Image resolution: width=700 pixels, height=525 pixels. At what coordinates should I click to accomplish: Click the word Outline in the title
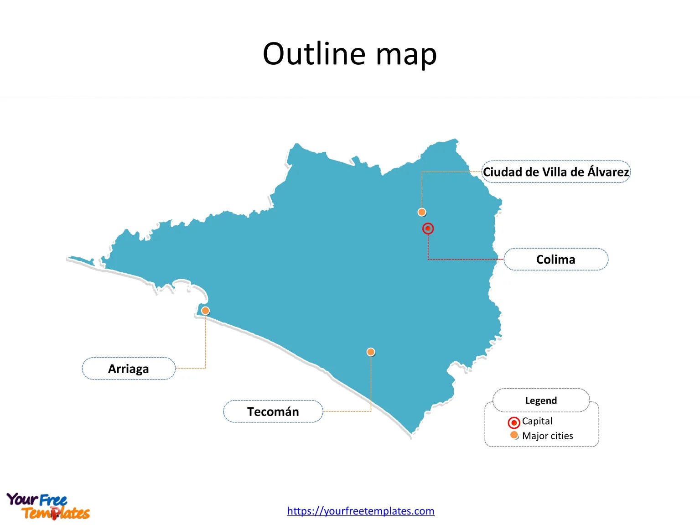pyautogui.click(x=314, y=54)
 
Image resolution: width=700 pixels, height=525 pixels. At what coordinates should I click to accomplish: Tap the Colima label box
pyautogui.click(x=555, y=260)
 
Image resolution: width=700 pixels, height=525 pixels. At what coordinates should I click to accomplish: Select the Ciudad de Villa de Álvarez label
pyautogui.click(x=556, y=172)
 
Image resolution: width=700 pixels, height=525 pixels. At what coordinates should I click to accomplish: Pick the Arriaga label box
pyautogui.click(x=129, y=369)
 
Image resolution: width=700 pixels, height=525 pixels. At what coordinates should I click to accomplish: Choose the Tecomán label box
pyautogui.click(x=273, y=411)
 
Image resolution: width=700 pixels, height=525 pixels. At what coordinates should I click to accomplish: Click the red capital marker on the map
pyautogui.click(x=428, y=229)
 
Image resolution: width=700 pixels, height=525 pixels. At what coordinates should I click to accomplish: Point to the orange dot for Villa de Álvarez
pyautogui.click(x=422, y=212)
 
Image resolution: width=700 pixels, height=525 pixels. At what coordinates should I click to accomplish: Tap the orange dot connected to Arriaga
pyautogui.click(x=206, y=311)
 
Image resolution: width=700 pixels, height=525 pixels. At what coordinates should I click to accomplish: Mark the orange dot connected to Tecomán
pyautogui.click(x=371, y=352)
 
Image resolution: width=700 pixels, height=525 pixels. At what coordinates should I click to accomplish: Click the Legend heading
pyautogui.click(x=541, y=400)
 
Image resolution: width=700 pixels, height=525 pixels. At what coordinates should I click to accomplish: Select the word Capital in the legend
pyautogui.click(x=537, y=421)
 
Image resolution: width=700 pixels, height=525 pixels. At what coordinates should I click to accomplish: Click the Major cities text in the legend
pyautogui.click(x=547, y=436)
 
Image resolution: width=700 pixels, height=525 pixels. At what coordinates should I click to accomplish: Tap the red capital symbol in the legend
pyautogui.click(x=514, y=422)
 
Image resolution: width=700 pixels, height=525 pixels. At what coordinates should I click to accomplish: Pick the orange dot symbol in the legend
pyautogui.click(x=514, y=435)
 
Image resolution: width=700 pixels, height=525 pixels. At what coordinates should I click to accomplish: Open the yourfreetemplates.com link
pyautogui.click(x=360, y=511)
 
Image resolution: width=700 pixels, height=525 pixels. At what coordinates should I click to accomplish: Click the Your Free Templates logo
pyautogui.click(x=48, y=506)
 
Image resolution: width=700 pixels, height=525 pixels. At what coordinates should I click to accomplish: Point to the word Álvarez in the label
pyautogui.click(x=608, y=172)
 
